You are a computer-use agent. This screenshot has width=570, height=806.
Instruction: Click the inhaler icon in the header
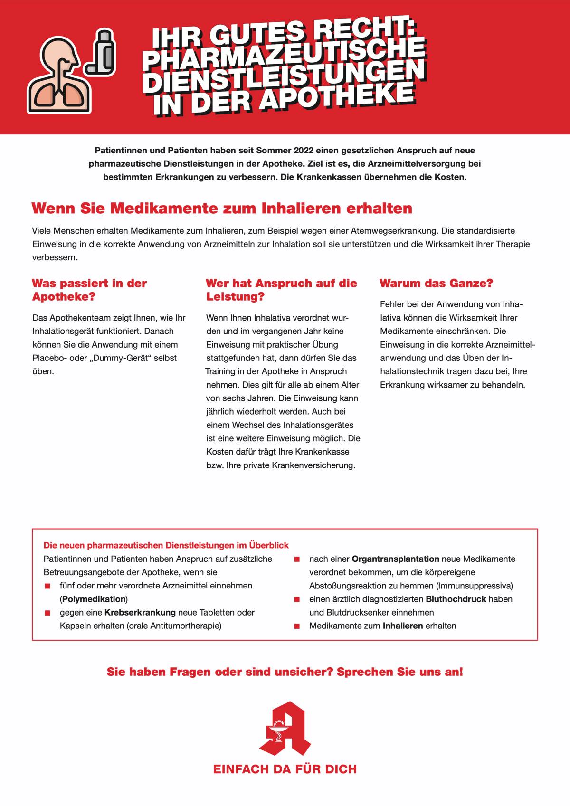pos(101,52)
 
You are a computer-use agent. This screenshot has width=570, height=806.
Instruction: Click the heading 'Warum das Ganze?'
pos(436,284)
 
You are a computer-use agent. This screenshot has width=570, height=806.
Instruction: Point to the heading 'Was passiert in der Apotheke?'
pos(89,290)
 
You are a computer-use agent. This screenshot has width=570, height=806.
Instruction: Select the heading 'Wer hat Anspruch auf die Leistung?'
pos(281,290)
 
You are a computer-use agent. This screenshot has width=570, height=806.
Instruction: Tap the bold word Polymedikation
pos(94,599)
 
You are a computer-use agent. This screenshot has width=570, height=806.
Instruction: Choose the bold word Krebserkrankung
pos(140,612)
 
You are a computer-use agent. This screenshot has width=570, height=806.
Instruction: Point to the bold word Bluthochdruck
pos(456,599)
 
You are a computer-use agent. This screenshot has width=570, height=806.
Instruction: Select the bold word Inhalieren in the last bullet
pos(402,626)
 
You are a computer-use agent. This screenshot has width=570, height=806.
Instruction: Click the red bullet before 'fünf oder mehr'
pos(47,586)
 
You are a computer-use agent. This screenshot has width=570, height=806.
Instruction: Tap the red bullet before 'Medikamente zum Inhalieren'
pos(297,626)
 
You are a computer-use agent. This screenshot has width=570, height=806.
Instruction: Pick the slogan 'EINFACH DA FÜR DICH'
pos(285,769)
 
